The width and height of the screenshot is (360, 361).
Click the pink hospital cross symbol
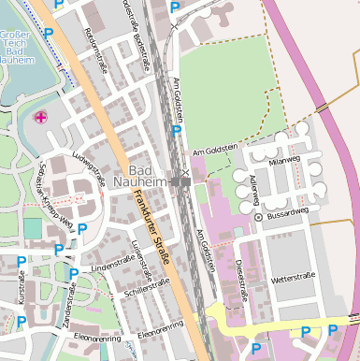point(41,118)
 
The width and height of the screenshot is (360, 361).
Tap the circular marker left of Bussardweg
point(259,217)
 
